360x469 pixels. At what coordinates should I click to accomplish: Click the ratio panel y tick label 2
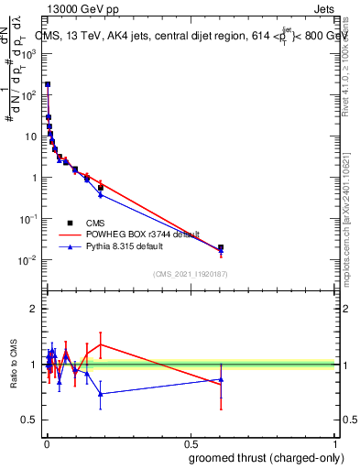coord(34,309)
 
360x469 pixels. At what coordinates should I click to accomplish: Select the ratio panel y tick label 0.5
coord(31,420)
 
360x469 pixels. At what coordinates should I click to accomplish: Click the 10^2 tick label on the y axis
coord(30,95)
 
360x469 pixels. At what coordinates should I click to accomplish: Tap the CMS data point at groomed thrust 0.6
coord(220,247)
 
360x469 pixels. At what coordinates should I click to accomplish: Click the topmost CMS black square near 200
coord(48,84)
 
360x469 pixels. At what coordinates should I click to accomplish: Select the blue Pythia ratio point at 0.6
coord(220,379)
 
